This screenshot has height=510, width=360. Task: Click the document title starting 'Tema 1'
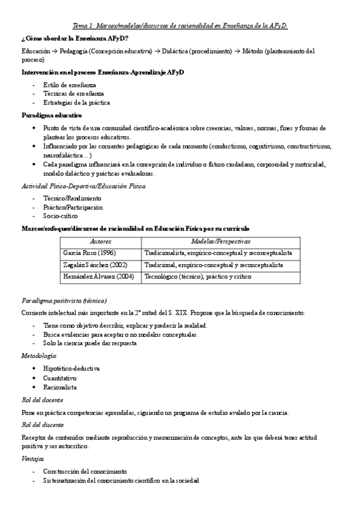pyautogui.click(x=180, y=26)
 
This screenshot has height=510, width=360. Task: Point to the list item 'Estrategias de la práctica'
pyautogui.click(x=76, y=103)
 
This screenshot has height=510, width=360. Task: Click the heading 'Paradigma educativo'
pyautogui.click(x=51, y=115)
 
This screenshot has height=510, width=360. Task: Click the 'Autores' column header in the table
pyautogui.click(x=100, y=241)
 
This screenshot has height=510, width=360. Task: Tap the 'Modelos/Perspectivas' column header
pyautogui.click(x=221, y=241)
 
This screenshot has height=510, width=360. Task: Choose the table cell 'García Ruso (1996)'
pyautogui.click(x=90, y=253)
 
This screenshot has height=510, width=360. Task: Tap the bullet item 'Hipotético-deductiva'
pyautogui.click(x=72, y=368)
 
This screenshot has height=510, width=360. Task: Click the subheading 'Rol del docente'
pyautogui.click(x=42, y=400)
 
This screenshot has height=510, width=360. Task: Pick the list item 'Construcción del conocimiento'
pyautogui.click(x=85, y=471)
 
